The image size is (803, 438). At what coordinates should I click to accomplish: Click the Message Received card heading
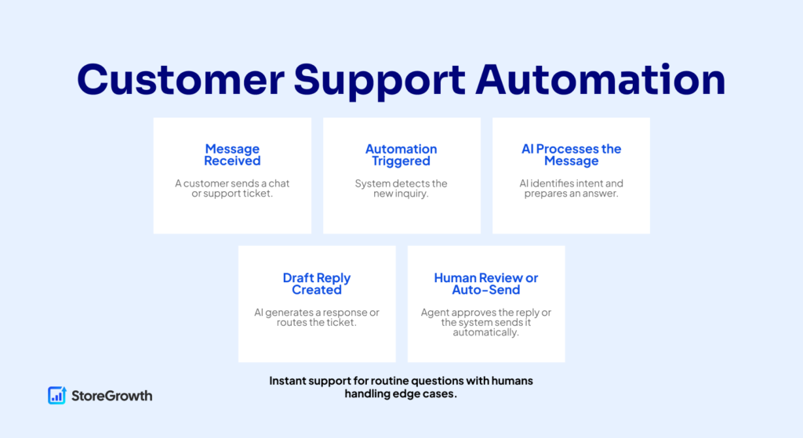[x=232, y=155]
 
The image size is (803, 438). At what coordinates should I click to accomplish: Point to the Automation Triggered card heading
[x=401, y=155]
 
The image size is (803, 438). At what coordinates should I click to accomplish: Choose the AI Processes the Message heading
[x=571, y=155]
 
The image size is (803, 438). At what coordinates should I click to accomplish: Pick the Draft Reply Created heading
[x=317, y=284]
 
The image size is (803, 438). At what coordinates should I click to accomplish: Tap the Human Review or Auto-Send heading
[x=486, y=284]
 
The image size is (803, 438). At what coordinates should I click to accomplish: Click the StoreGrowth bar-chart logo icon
[x=56, y=395]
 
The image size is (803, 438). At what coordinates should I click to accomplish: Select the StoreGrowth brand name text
[x=111, y=396]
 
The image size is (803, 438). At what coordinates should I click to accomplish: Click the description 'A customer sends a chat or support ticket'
[x=232, y=189]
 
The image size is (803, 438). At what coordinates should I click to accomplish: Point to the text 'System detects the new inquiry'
[x=401, y=189]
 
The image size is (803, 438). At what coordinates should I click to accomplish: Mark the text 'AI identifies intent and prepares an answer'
[x=571, y=189]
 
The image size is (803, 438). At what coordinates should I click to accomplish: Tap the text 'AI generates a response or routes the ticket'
[x=317, y=317]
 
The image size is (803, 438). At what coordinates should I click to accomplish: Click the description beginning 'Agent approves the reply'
[x=486, y=322]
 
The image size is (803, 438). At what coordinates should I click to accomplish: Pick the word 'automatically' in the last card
[x=486, y=332]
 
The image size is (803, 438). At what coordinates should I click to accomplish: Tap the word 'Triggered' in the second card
[x=401, y=161]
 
